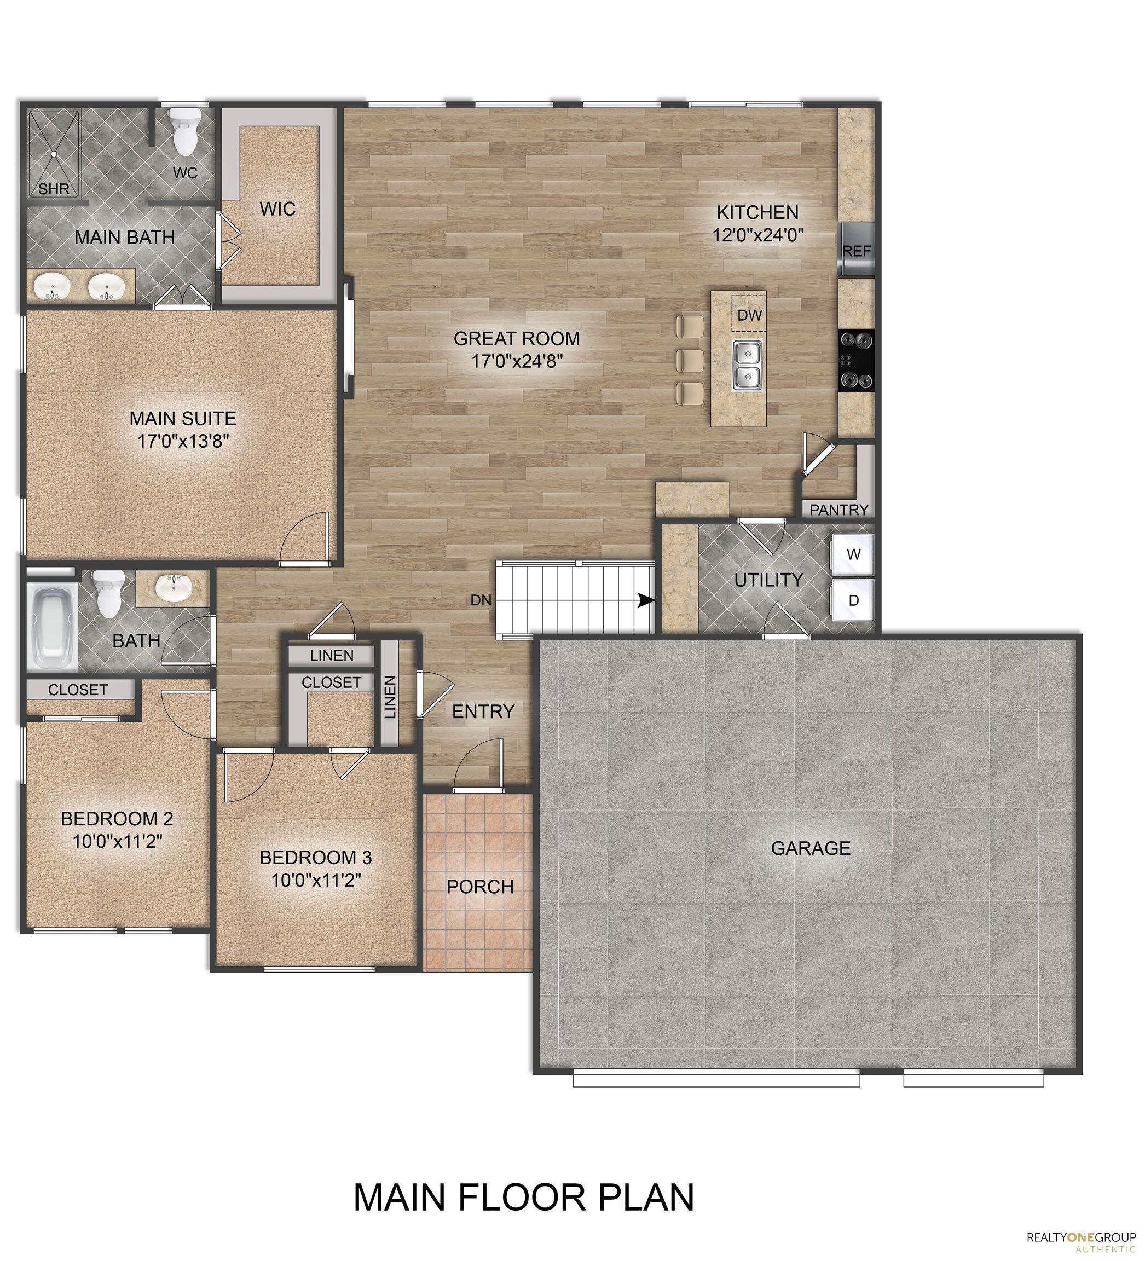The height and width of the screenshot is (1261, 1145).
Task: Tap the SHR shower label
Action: (54, 188)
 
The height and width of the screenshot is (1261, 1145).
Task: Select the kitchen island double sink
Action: (747, 365)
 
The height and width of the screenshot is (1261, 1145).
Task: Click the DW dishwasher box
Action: (749, 315)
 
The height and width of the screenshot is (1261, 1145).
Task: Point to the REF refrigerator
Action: (857, 250)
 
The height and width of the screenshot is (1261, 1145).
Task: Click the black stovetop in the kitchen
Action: (856, 360)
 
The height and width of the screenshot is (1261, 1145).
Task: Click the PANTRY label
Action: (838, 510)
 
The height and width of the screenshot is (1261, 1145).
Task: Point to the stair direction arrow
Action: (646, 600)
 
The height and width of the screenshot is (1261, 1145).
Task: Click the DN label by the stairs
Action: (481, 600)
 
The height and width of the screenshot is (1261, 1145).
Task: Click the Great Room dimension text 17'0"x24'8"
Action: (516, 361)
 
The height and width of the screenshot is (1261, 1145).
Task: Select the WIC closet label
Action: (277, 209)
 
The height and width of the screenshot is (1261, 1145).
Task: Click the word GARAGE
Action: (810, 848)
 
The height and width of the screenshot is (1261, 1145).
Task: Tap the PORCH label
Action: (480, 886)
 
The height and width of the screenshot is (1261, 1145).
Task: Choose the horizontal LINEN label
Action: (332, 656)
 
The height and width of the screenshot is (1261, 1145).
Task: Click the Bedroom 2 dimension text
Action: (117, 841)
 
